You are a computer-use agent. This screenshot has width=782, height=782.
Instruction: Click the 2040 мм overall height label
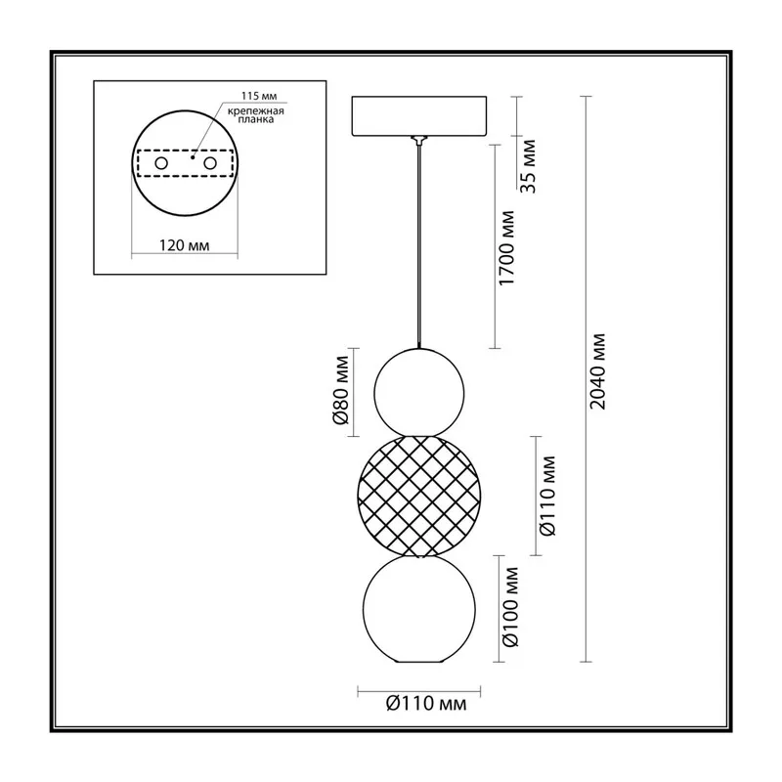pos(597,371)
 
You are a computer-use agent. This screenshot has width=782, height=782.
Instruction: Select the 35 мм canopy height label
pos(527,166)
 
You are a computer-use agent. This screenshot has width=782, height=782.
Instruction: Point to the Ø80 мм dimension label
pos(341,390)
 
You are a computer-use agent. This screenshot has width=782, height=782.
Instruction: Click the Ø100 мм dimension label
pos(510,607)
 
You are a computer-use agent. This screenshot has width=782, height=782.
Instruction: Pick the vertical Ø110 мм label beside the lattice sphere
pos(547,496)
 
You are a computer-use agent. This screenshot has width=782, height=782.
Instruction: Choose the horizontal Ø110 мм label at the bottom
pos(426,704)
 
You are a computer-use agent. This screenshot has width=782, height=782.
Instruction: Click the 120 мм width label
pos(184,245)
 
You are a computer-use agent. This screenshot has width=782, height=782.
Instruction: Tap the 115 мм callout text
pos(259,96)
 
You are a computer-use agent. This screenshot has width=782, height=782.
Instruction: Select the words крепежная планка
pos(256,115)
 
